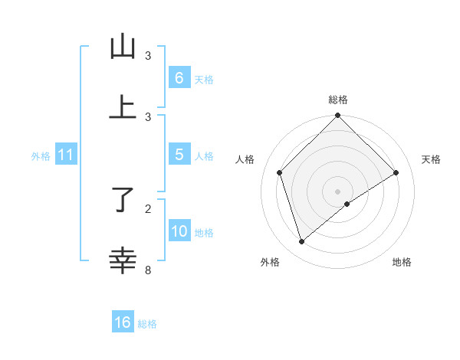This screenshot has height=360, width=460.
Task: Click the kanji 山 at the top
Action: (x=123, y=47)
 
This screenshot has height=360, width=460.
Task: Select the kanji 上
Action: (x=123, y=108)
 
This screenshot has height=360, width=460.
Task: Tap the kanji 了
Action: (x=123, y=200)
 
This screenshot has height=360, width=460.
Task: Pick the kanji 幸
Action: (x=123, y=260)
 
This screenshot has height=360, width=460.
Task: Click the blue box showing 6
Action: (x=179, y=77)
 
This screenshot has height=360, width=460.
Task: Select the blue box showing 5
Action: (x=179, y=155)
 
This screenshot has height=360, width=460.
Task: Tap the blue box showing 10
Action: (x=179, y=231)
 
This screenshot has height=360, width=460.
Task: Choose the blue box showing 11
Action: (x=66, y=155)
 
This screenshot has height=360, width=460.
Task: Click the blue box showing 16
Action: (x=123, y=322)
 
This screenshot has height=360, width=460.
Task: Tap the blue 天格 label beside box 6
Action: (x=204, y=79)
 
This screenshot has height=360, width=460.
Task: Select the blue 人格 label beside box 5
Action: (x=204, y=156)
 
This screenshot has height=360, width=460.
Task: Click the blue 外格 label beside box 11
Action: (x=41, y=156)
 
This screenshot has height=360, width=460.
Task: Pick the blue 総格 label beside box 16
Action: (x=147, y=324)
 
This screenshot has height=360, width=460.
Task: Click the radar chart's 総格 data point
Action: (x=338, y=116)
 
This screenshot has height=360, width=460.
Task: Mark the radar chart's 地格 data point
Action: (x=347, y=204)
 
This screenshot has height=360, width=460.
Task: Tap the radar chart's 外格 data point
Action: (x=301, y=242)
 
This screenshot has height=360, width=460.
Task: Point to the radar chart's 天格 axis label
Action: (x=432, y=159)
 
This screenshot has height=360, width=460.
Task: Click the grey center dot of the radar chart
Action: (x=338, y=191)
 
